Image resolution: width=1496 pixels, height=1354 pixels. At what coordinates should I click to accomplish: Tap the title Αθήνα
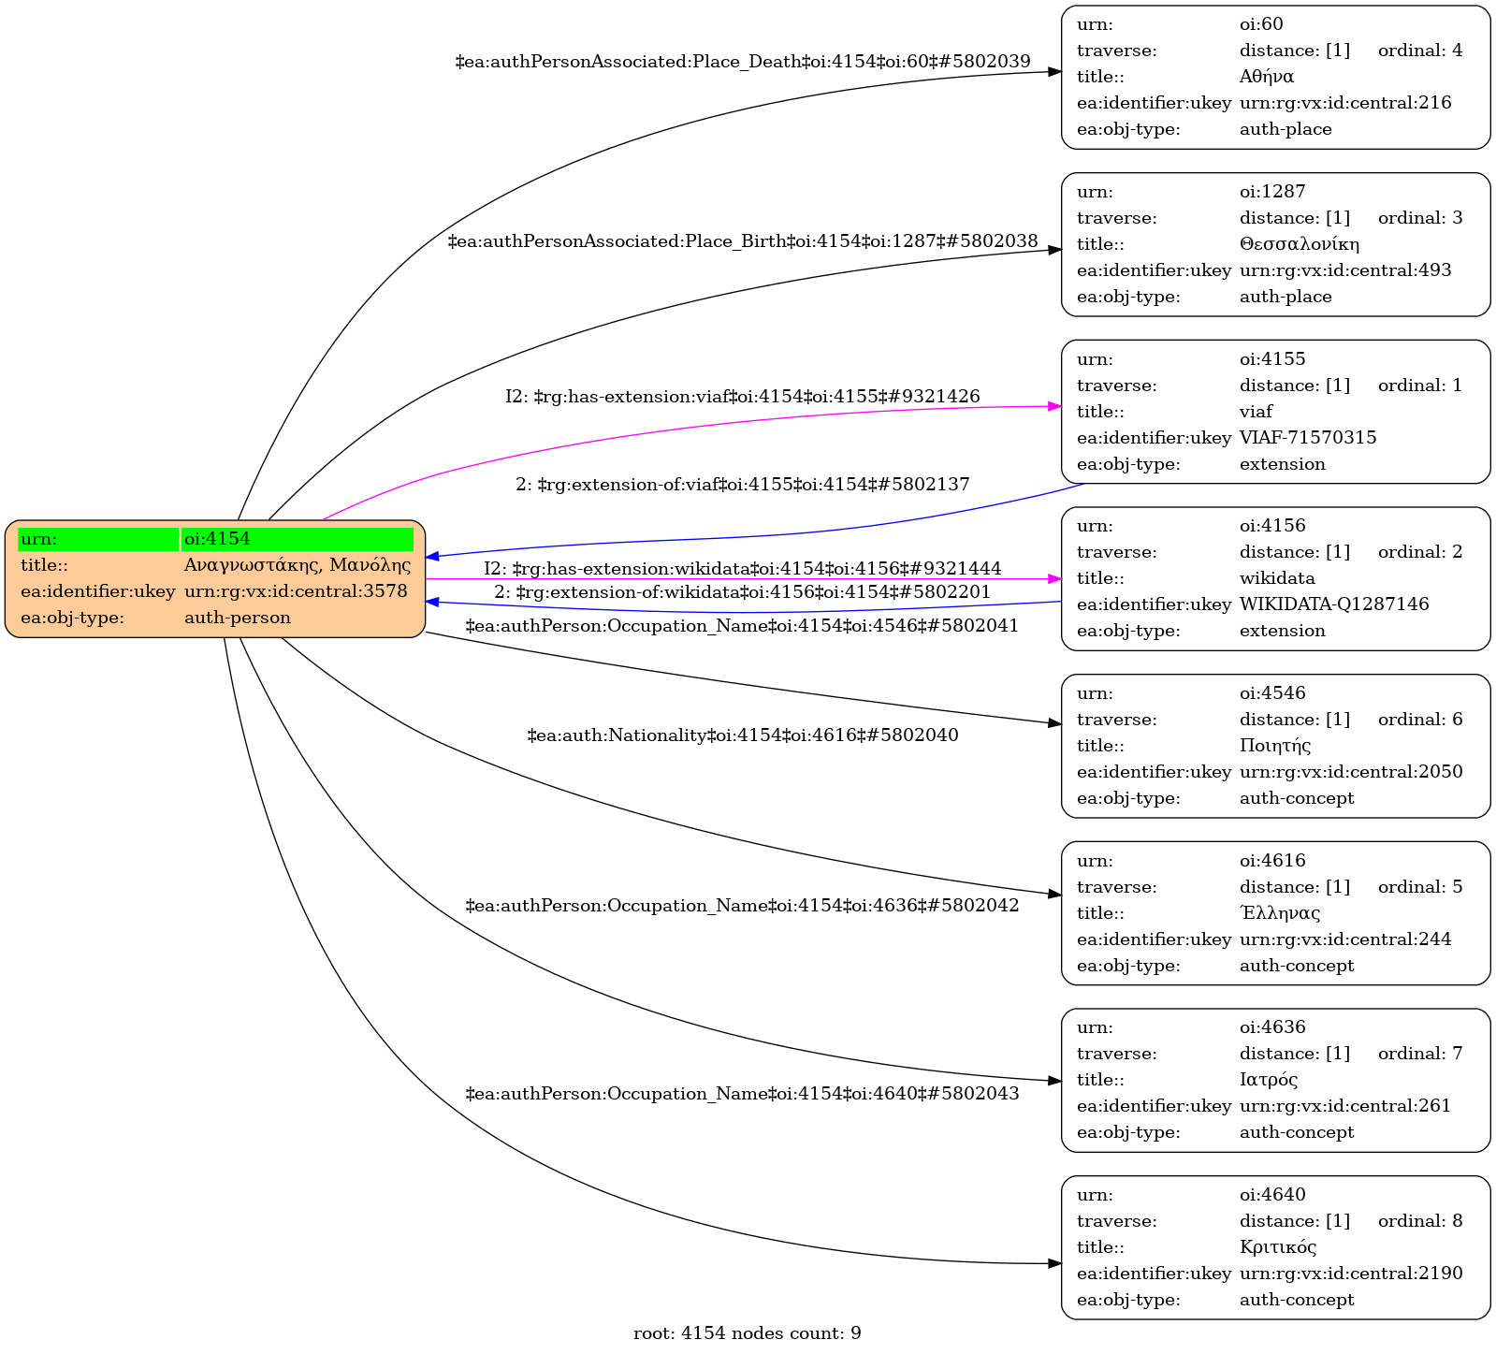tap(1266, 77)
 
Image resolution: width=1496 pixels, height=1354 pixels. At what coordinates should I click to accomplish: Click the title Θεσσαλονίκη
tap(1299, 244)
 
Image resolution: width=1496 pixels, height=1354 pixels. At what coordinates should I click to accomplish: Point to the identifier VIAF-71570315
tap(1307, 438)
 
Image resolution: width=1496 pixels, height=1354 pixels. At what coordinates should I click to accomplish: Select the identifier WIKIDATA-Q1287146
tap(1333, 604)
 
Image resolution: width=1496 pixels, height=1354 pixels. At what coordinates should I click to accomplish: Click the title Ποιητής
tap(1274, 746)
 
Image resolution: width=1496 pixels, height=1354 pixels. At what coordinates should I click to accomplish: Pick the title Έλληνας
tap(1279, 913)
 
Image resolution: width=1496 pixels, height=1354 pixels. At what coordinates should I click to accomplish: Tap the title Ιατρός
tap(1268, 1080)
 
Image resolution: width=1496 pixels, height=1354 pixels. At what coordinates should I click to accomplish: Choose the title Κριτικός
tap(1277, 1247)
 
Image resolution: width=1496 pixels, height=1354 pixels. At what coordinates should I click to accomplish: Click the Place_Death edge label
tap(742, 62)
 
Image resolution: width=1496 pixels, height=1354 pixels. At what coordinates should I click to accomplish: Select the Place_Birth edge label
tap(742, 241)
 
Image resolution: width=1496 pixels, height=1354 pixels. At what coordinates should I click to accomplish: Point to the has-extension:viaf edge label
tap(742, 397)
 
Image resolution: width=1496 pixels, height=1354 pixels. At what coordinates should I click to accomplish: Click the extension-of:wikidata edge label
tap(742, 592)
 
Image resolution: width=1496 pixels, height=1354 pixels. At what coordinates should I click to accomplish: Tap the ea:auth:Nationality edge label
tap(742, 735)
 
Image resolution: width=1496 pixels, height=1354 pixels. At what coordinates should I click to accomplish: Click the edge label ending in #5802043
tap(742, 1094)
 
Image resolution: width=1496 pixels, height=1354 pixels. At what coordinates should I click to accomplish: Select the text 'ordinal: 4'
tap(1419, 51)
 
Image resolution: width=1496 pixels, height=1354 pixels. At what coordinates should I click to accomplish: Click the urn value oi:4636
tap(1272, 1027)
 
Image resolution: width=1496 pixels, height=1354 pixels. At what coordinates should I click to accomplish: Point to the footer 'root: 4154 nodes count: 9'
tap(747, 1333)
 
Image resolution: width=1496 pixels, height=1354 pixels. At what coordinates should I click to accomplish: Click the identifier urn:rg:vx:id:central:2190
tap(1350, 1274)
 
